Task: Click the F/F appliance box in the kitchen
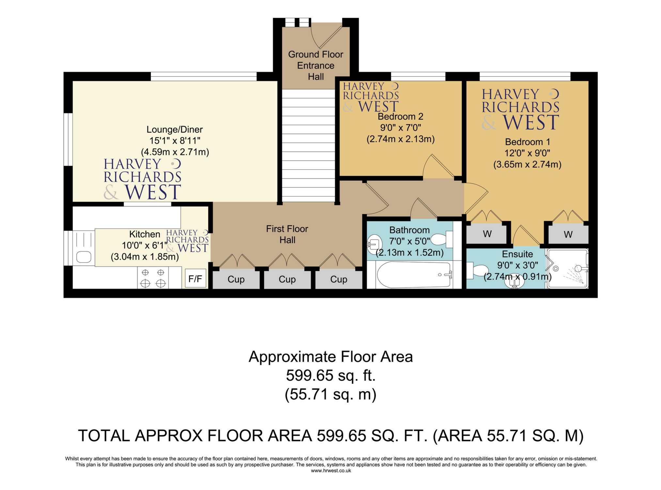pyautogui.click(x=195, y=278)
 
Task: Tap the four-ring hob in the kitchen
pyautogui.click(x=152, y=278)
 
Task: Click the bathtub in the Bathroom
pyautogui.click(x=414, y=275)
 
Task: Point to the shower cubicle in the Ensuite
pyautogui.click(x=567, y=269)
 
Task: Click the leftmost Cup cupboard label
pyautogui.click(x=236, y=279)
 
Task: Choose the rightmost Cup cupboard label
pyautogui.click(x=338, y=279)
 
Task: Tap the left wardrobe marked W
pyautogui.click(x=487, y=234)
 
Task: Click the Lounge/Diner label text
pyautogui.click(x=175, y=130)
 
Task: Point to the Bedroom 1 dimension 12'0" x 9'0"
pyautogui.click(x=527, y=153)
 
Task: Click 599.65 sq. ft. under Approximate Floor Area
pyautogui.click(x=331, y=375)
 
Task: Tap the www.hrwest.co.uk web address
pyautogui.click(x=331, y=471)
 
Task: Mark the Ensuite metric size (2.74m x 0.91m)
pyautogui.click(x=517, y=277)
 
